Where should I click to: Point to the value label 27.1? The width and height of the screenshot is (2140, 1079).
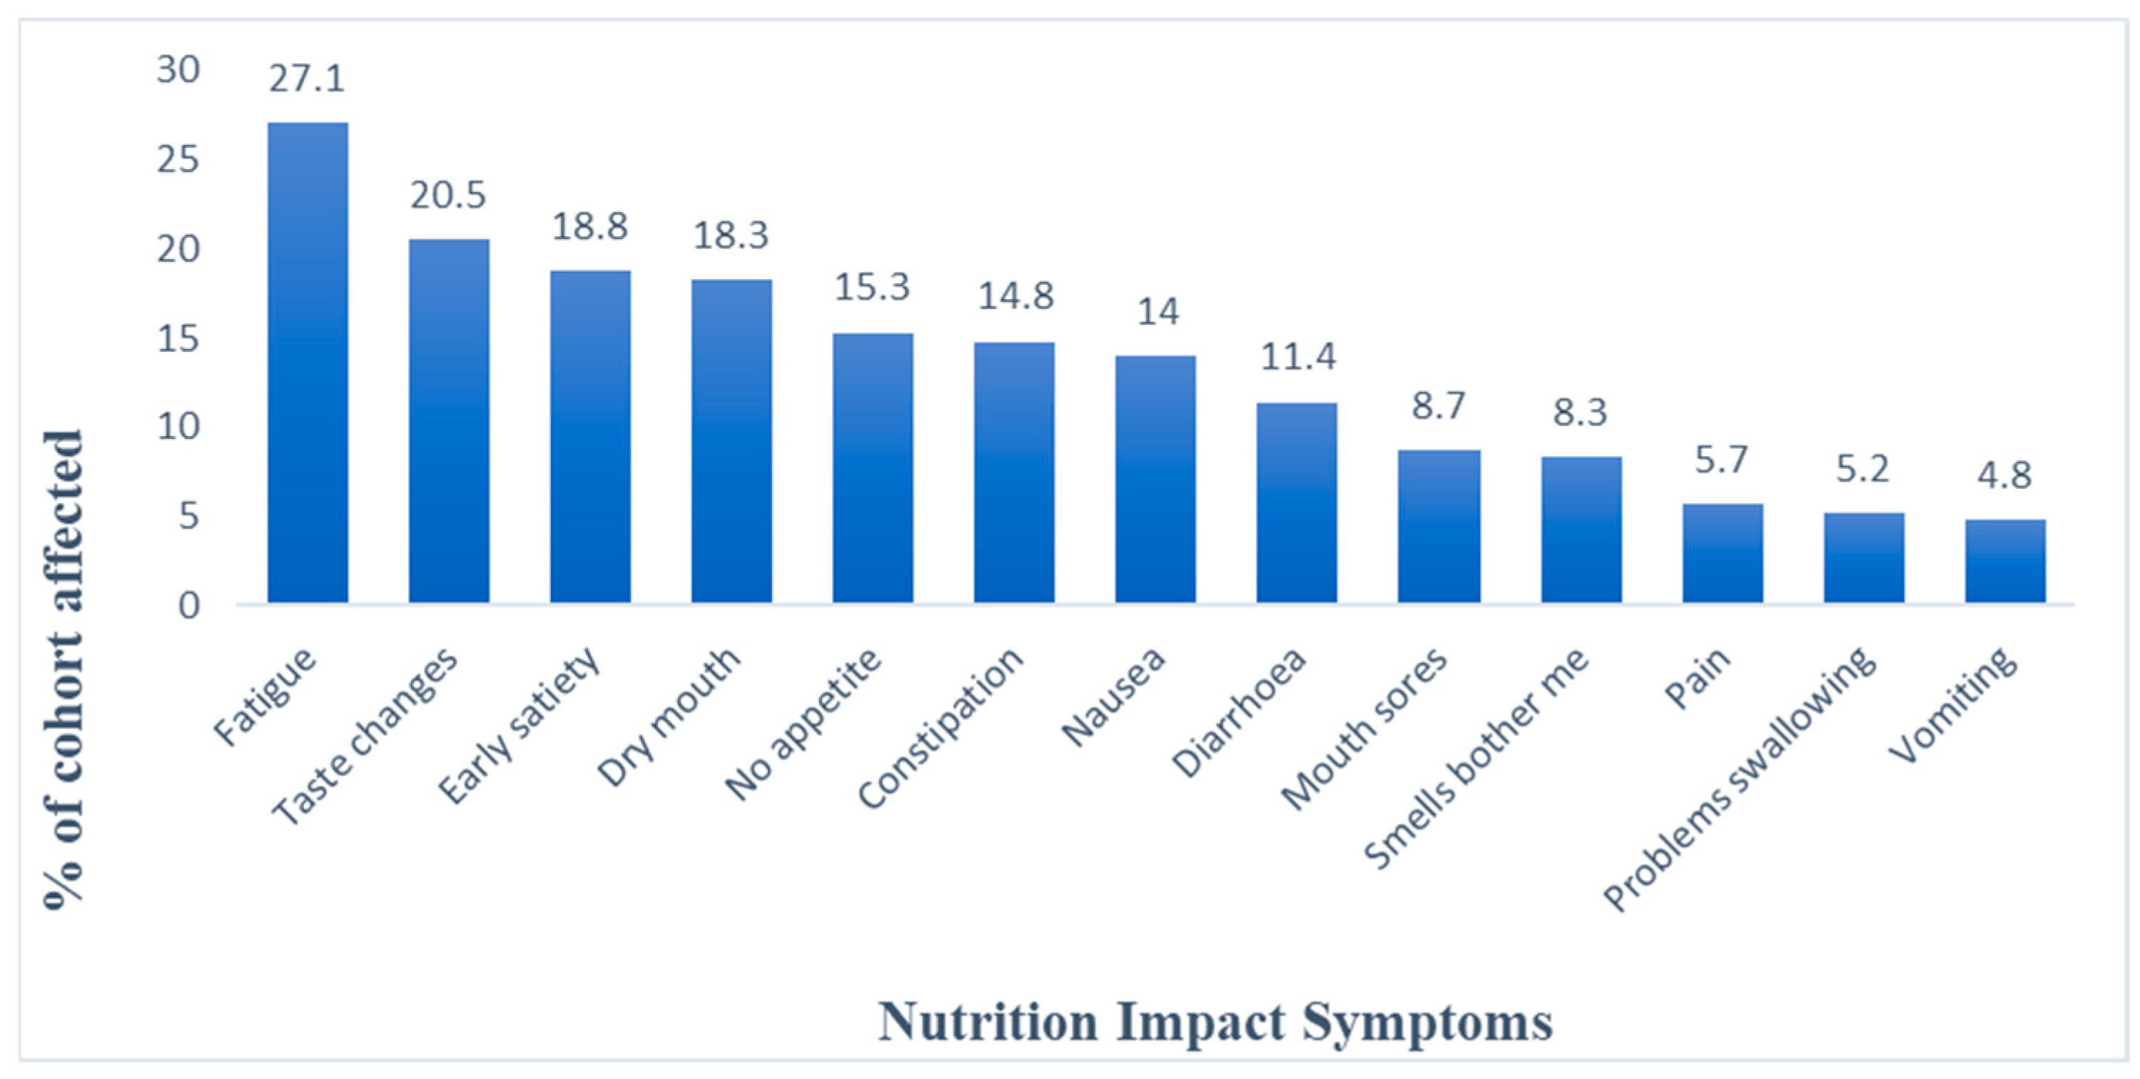[x=305, y=79]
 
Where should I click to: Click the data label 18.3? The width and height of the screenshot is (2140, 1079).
[x=731, y=236]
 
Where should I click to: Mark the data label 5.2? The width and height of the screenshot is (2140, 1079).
[x=1862, y=470]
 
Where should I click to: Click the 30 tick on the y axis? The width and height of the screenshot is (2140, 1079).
[x=178, y=70]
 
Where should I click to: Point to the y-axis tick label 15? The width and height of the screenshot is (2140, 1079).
[x=178, y=339]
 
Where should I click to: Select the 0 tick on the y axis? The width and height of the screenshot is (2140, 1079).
[x=188, y=606]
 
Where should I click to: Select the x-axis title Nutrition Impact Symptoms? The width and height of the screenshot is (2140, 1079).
[x=1214, y=1022]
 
